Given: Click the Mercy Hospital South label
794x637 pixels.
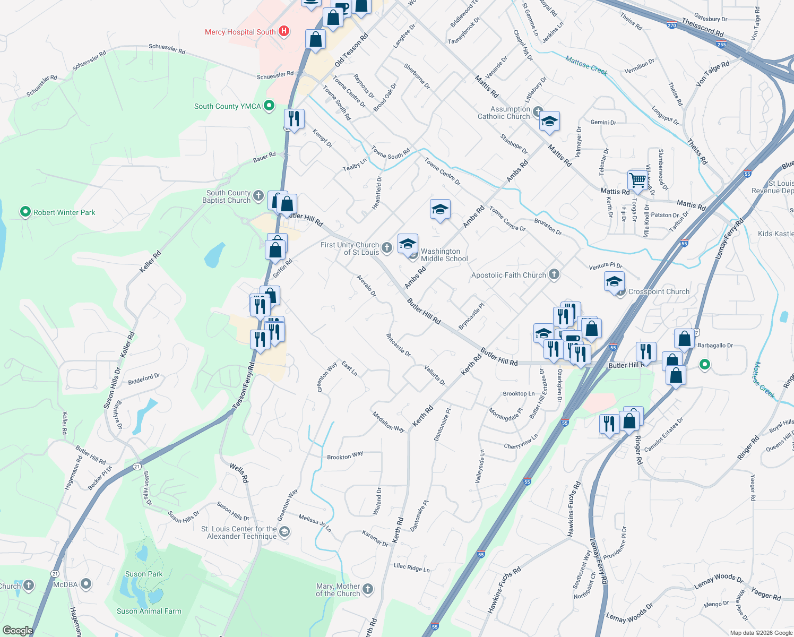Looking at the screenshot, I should [x=240, y=32].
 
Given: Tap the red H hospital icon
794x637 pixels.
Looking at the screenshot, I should [x=284, y=32].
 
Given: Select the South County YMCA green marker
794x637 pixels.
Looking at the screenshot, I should [x=269, y=106].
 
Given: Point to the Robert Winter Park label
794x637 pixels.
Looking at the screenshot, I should [x=64, y=212].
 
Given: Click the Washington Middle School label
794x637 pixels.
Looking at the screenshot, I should [x=444, y=255].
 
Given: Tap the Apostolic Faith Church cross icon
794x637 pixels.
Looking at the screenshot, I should [x=554, y=274].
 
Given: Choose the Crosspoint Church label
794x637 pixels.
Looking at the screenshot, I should [x=659, y=291].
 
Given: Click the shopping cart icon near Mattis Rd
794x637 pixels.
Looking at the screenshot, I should [x=637, y=179].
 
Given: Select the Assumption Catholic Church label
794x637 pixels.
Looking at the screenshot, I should [x=504, y=113].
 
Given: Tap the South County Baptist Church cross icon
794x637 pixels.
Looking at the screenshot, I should [x=258, y=196].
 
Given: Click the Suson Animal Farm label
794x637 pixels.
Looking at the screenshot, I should [x=149, y=611].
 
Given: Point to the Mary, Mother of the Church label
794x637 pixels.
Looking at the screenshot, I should [x=338, y=590].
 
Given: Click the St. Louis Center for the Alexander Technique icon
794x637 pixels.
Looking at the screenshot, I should [x=284, y=532].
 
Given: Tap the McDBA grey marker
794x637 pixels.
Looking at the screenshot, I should [x=85, y=584].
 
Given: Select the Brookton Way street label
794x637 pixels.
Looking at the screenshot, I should [x=345, y=455].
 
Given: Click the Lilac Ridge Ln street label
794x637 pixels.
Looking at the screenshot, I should [x=411, y=567].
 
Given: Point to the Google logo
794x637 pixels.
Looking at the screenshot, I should [x=18, y=630].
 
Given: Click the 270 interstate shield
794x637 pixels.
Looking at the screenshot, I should [x=672, y=25].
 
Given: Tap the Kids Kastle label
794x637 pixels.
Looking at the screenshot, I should [x=775, y=234].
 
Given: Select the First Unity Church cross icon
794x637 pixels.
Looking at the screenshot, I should [x=387, y=247].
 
